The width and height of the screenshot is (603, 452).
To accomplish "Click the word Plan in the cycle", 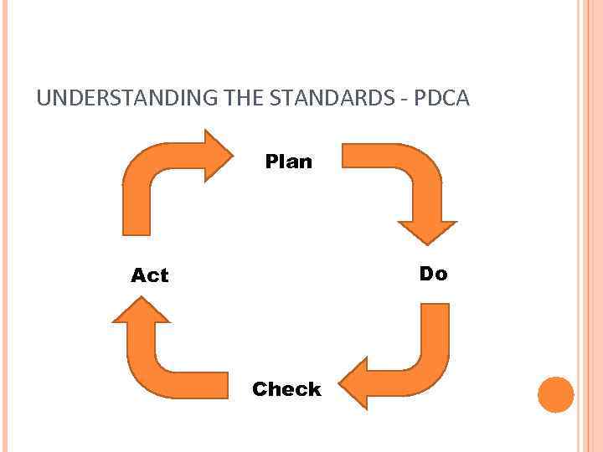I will (x=288, y=162).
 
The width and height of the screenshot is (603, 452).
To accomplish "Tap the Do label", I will (x=433, y=274).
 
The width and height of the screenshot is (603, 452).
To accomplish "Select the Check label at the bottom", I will (x=286, y=389).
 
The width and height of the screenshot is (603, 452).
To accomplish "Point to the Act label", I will (x=150, y=275).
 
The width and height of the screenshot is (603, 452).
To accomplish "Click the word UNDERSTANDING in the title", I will (x=128, y=99).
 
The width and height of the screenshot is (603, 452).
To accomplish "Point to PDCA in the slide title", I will (x=445, y=99).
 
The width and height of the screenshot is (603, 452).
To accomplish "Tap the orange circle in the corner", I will (x=555, y=394).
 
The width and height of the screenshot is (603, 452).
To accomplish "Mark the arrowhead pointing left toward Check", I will (x=356, y=383).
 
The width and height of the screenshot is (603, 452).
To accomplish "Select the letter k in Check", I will (x=314, y=389).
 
